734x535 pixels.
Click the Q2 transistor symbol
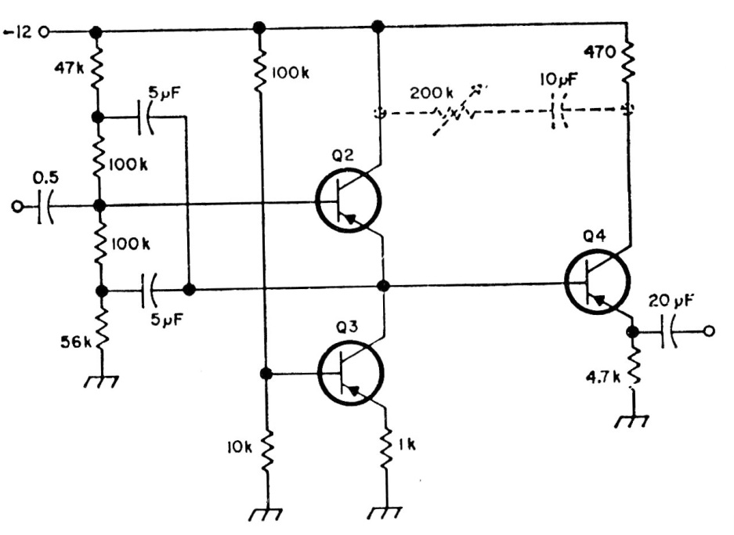349,202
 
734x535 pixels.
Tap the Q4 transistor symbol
597,282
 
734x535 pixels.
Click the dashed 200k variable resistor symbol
454,112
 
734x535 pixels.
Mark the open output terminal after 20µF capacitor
709,331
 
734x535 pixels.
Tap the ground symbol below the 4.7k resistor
631,420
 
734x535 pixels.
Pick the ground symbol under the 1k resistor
386,512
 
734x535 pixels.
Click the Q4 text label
595,236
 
